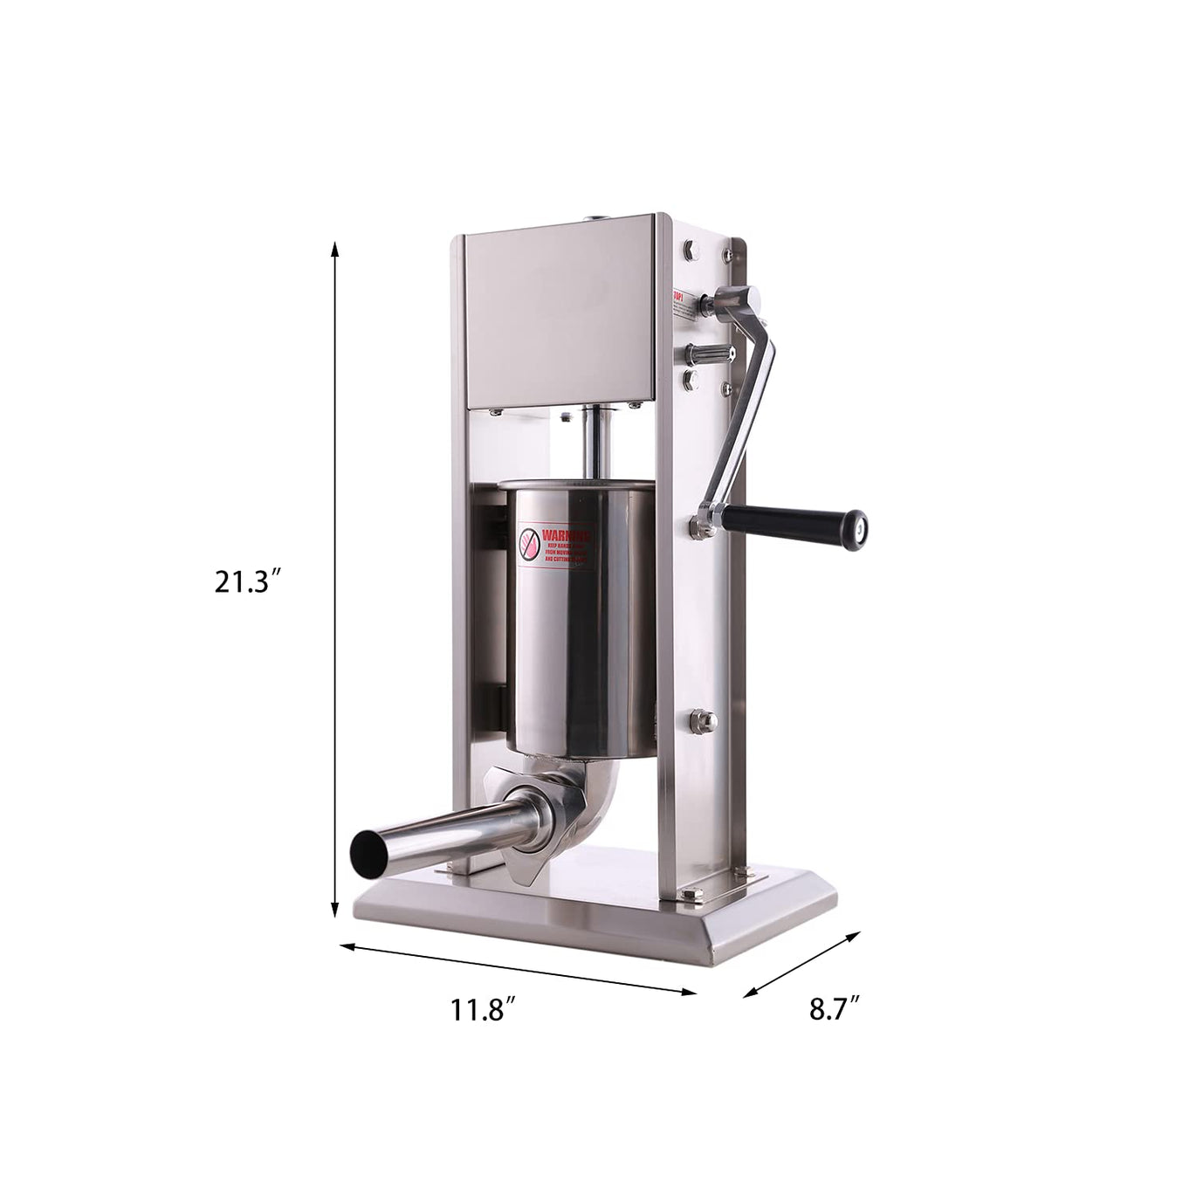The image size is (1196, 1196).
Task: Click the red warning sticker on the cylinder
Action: point(554,550)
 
